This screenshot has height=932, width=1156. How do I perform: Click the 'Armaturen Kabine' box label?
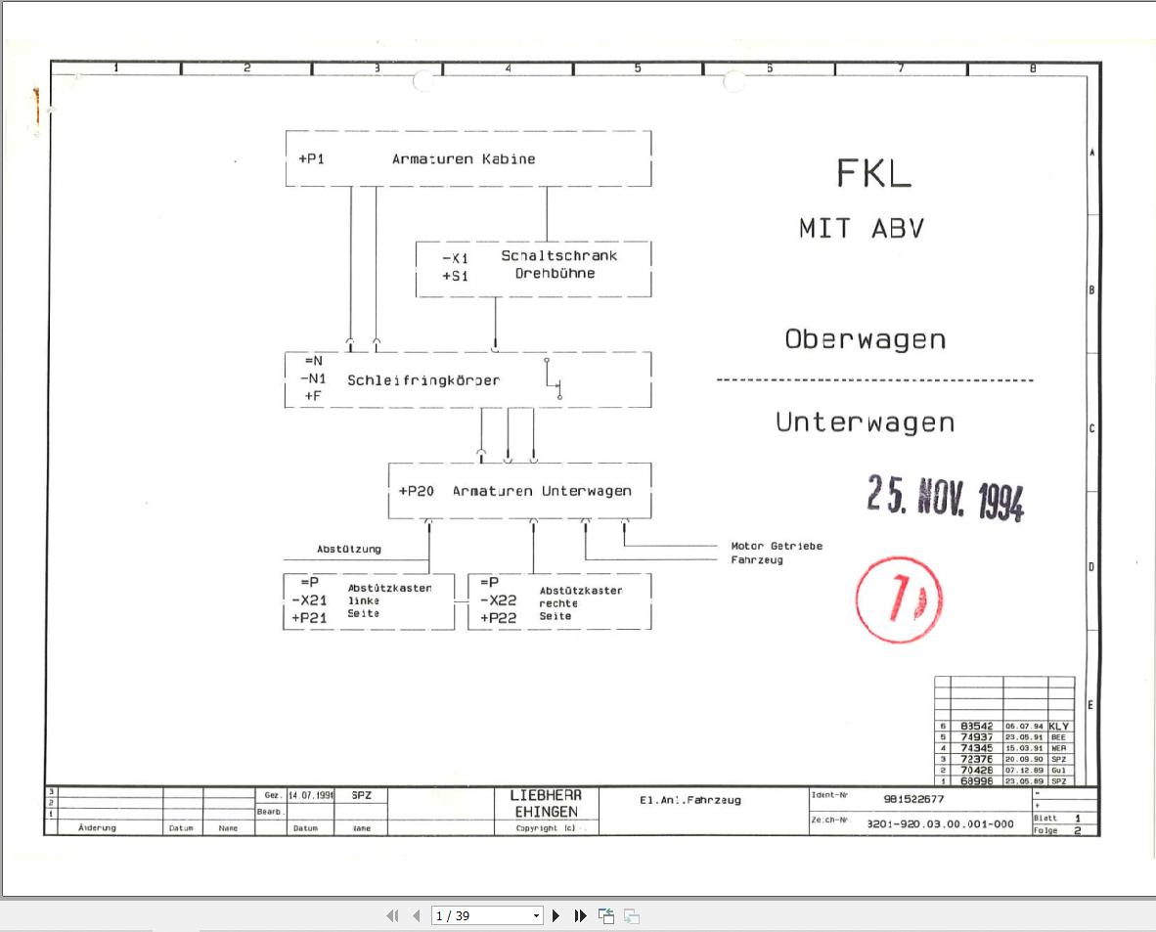(x=464, y=158)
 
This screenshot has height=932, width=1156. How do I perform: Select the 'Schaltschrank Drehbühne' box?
(x=534, y=269)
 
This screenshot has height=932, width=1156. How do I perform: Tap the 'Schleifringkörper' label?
(x=422, y=380)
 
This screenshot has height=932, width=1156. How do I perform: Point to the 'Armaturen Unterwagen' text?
(x=541, y=491)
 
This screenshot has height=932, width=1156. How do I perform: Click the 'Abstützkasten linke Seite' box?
(x=369, y=601)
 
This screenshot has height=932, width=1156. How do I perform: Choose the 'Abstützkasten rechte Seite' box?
(x=559, y=601)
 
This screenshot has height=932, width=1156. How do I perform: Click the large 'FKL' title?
(x=873, y=174)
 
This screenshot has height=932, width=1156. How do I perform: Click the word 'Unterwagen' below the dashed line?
(x=865, y=422)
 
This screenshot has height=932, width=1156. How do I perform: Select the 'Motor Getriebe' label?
(x=777, y=546)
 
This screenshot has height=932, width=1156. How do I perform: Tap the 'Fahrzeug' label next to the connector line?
(x=757, y=560)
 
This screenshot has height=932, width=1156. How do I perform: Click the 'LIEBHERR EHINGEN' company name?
(x=546, y=804)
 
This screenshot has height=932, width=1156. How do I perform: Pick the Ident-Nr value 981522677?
(x=913, y=799)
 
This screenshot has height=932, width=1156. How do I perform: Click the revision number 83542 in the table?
(x=976, y=727)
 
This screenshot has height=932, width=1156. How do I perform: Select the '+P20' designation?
(x=416, y=491)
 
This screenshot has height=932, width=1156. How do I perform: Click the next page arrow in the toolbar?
(x=556, y=916)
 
